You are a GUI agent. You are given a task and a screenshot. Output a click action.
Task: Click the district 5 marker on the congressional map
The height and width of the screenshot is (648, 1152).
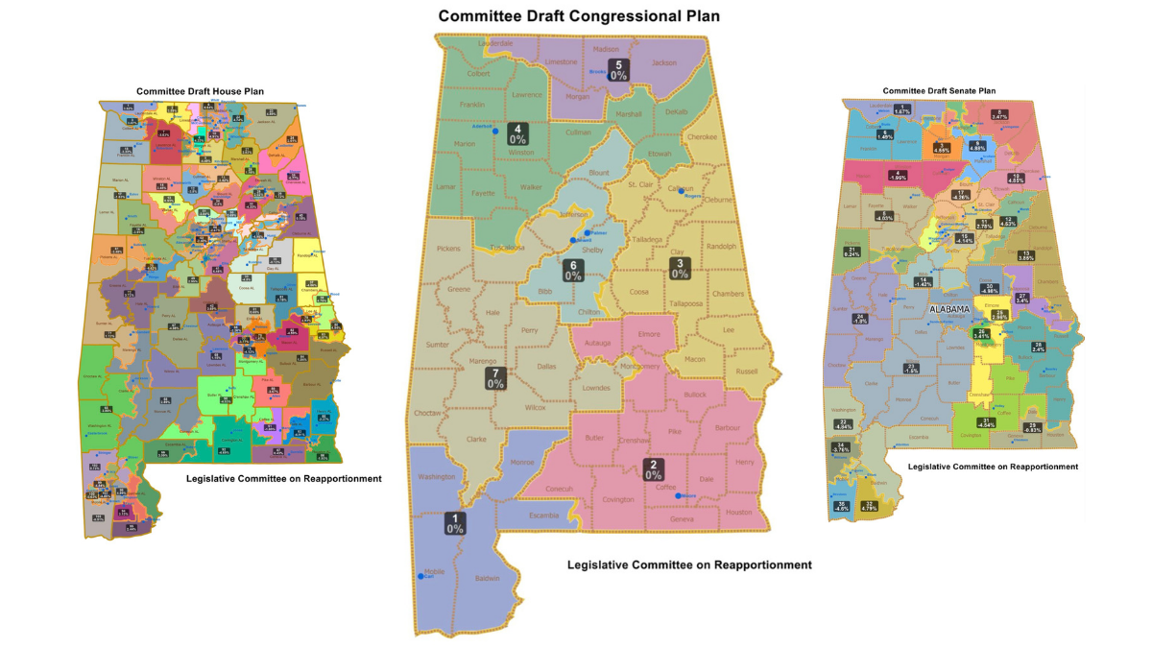pos(619,70)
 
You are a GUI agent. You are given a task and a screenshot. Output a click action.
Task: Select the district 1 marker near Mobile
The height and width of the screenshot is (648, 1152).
pos(455,523)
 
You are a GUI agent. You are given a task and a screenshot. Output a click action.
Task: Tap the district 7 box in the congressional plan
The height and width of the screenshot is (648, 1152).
pos(495,378)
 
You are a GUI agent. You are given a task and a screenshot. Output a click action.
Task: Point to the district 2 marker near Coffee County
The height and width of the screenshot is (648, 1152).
pos(653,469)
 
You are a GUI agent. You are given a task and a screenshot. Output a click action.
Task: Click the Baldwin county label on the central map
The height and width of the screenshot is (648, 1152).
pos(488,579)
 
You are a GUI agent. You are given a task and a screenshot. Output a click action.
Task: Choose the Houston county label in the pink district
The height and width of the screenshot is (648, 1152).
pos(738,513)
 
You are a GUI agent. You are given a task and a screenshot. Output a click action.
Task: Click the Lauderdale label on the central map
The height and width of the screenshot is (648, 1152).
pos(495,44)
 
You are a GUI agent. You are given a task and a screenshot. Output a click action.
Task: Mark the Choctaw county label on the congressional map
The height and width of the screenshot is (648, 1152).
pos(428,413)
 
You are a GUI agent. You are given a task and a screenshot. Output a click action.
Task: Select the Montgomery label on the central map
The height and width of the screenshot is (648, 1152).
pos(636,366)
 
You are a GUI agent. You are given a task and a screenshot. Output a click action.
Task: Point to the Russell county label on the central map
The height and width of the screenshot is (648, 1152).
pos(746,372)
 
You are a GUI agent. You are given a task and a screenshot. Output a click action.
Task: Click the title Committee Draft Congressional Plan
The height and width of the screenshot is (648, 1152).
pos(579,16)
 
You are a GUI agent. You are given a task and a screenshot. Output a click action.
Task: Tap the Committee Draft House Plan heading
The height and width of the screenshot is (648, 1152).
pos(200,91)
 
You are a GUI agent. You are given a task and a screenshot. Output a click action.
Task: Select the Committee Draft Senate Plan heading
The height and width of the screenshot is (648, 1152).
pos(939,90)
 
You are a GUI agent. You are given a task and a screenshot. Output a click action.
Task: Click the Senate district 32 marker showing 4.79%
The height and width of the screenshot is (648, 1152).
pos(869,506)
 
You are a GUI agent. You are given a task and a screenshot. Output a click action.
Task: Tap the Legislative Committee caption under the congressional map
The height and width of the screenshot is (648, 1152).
pos(689,565)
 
